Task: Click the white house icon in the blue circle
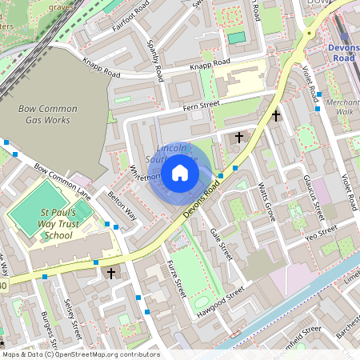tap(180, 173)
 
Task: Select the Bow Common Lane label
tap(63, 181)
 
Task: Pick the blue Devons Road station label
tap(343, 53)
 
